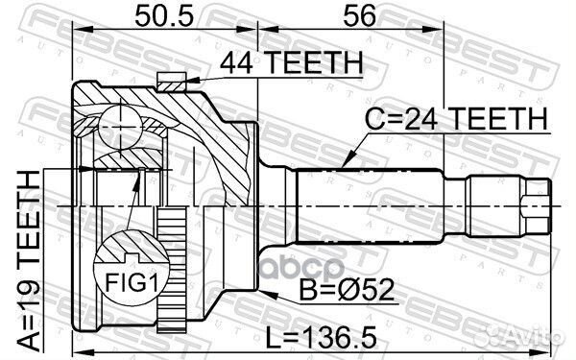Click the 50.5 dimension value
point(162,15)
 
